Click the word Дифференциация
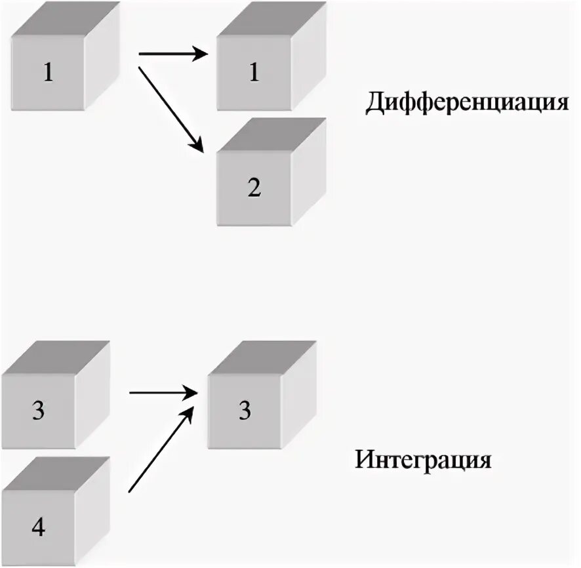(x=466, y=104)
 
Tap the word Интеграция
(x=424, y=459)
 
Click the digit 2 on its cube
(x=254, y=188)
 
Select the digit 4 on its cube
(x=39, y=528)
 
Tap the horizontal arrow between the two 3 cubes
(x=164, y=393)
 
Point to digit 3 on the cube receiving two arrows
(x=245, y=411)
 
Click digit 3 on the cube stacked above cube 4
(x=39, y=412)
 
